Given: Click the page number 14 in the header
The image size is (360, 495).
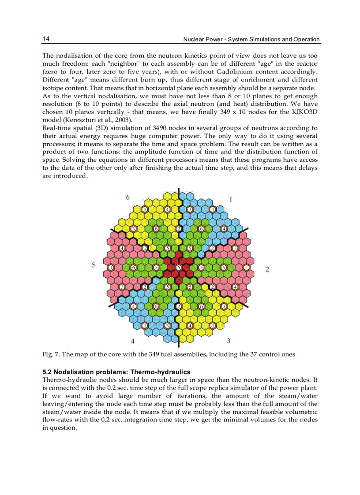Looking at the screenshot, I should coord(46,39).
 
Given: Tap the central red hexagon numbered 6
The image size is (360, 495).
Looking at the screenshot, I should coord(179,268).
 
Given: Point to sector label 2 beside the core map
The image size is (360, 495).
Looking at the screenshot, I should coord(267,269).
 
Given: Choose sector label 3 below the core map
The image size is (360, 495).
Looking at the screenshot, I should coord(228,340).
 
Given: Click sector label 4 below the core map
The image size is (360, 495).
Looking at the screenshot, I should coord(132,341).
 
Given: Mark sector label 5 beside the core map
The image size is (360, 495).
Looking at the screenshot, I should coord(93,265).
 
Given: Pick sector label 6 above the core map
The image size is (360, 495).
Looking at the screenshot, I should coord(128,197).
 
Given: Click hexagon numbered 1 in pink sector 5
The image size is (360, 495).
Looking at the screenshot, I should coord(111,268).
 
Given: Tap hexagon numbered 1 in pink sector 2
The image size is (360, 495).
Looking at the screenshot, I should coord(246,268).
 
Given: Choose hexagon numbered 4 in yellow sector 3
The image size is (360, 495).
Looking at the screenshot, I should coord(190,326).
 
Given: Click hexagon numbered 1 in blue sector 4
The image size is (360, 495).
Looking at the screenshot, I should coord(145,326).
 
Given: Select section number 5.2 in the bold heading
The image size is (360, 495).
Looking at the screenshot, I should coord(48,372).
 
